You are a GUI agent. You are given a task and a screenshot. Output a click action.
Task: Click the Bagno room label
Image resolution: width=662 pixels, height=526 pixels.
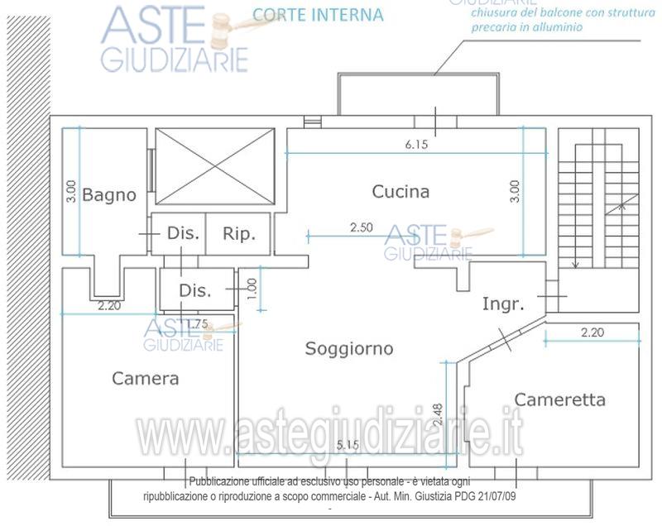[108, 195]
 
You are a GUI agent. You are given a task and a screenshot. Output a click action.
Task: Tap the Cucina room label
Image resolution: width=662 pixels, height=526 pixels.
[401, 192]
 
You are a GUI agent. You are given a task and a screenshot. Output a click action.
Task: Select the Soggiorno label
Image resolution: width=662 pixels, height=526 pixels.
[349, 348]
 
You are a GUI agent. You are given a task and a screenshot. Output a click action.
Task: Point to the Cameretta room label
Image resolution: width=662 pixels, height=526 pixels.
[559, 399]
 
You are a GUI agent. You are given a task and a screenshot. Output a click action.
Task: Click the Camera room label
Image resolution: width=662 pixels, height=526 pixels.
[145, 378]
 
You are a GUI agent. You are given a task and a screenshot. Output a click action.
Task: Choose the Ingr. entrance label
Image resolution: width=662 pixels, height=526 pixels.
[503, 304]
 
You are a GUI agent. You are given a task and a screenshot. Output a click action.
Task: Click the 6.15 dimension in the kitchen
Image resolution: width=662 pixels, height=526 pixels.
[416, 145]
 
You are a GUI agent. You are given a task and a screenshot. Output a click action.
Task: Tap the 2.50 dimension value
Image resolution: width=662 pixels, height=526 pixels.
[362, 227]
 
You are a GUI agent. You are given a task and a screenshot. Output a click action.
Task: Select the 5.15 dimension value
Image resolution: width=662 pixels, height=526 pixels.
[348, 446]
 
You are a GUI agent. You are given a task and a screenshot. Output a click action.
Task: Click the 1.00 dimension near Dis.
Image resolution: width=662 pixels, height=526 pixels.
[252, 289]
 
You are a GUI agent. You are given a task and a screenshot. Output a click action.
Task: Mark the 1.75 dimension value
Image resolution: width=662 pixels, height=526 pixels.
[196, 323]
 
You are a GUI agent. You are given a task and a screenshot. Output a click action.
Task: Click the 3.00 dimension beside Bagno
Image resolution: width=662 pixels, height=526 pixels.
[72, 192]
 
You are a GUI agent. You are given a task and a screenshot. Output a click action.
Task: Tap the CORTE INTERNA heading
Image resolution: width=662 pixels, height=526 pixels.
[317, 14]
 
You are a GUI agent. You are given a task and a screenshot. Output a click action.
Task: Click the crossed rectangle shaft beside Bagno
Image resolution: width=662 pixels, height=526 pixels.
[214, 166]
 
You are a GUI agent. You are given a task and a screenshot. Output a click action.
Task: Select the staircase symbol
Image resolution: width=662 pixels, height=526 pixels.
[598, 198]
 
